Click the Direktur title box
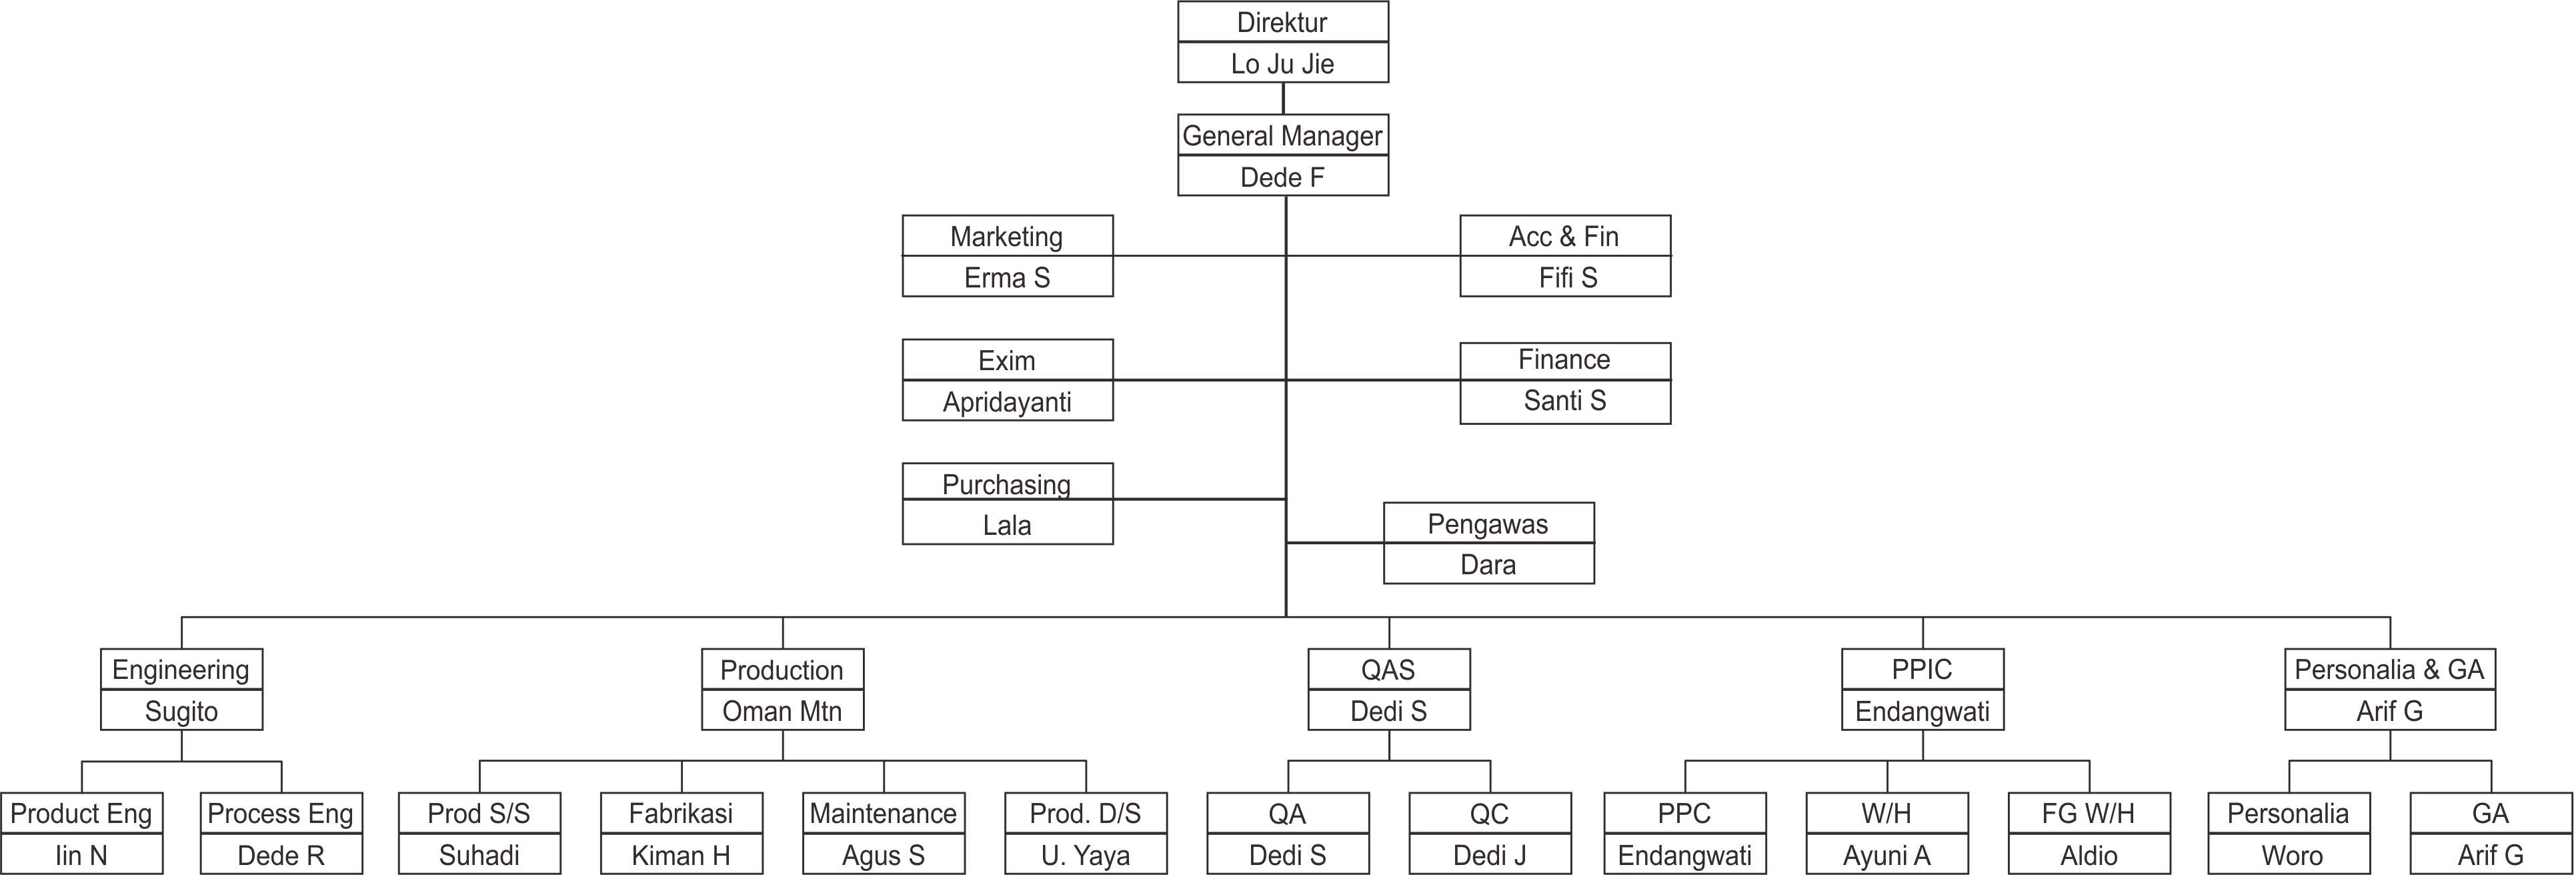coord(1282,22)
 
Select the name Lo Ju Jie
coord(1282,64)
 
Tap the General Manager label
coord(1282,136)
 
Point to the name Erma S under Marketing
coord(1006,277)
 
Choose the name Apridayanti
coord(1006,401)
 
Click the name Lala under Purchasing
coord(1006,526)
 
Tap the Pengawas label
coord(1488,524)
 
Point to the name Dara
coord(1488,566)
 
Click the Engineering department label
coord(181,669)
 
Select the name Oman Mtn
coord(782,711)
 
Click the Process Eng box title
coord(281,813)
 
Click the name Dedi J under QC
coord(1489,855)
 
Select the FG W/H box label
coord(2089,813)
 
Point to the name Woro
coord(2290,855)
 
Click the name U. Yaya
coord(1085,855)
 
